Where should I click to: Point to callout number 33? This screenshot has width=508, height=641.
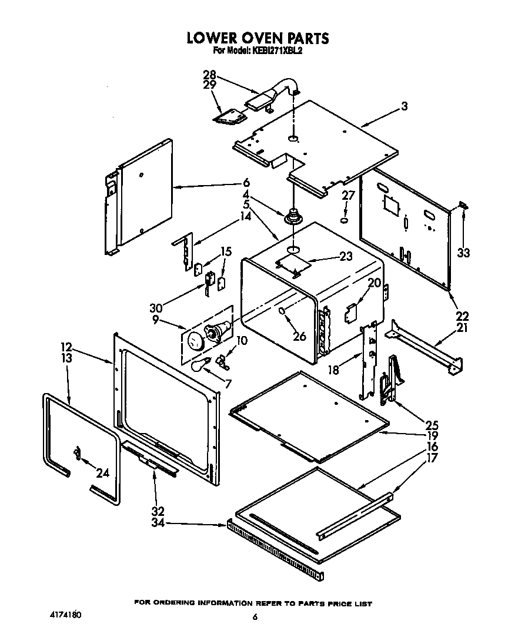click(464, 253)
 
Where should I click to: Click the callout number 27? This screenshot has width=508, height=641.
click(348, 196)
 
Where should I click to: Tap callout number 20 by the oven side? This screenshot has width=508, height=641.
click(375, 283)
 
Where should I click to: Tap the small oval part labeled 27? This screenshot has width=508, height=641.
click(345, 221)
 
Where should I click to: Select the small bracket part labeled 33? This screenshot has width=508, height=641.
click(463, 205)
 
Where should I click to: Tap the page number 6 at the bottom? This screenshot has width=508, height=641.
click(255, 617)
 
